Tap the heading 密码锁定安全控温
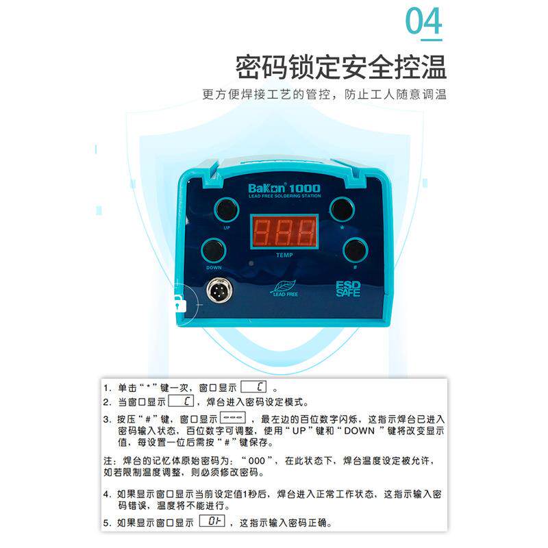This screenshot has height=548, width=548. click(340, 68)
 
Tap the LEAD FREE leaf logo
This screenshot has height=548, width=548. click(284, 290)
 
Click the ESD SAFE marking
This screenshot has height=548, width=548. click(348, 290)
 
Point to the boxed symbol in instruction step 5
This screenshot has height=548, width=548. click(212, 522)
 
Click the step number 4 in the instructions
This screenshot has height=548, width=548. click(106, 493)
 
